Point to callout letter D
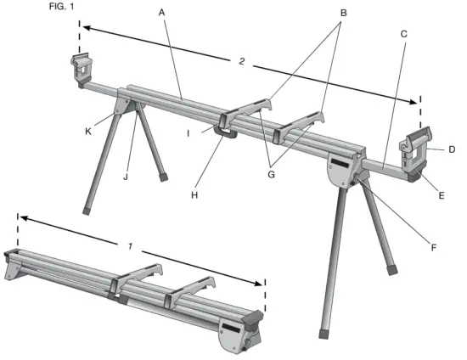coord(453,149)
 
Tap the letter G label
coord(272,174)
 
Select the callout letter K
coord(85,132)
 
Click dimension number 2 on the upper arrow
coord(242,63)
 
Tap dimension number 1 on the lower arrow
coord(130,245)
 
